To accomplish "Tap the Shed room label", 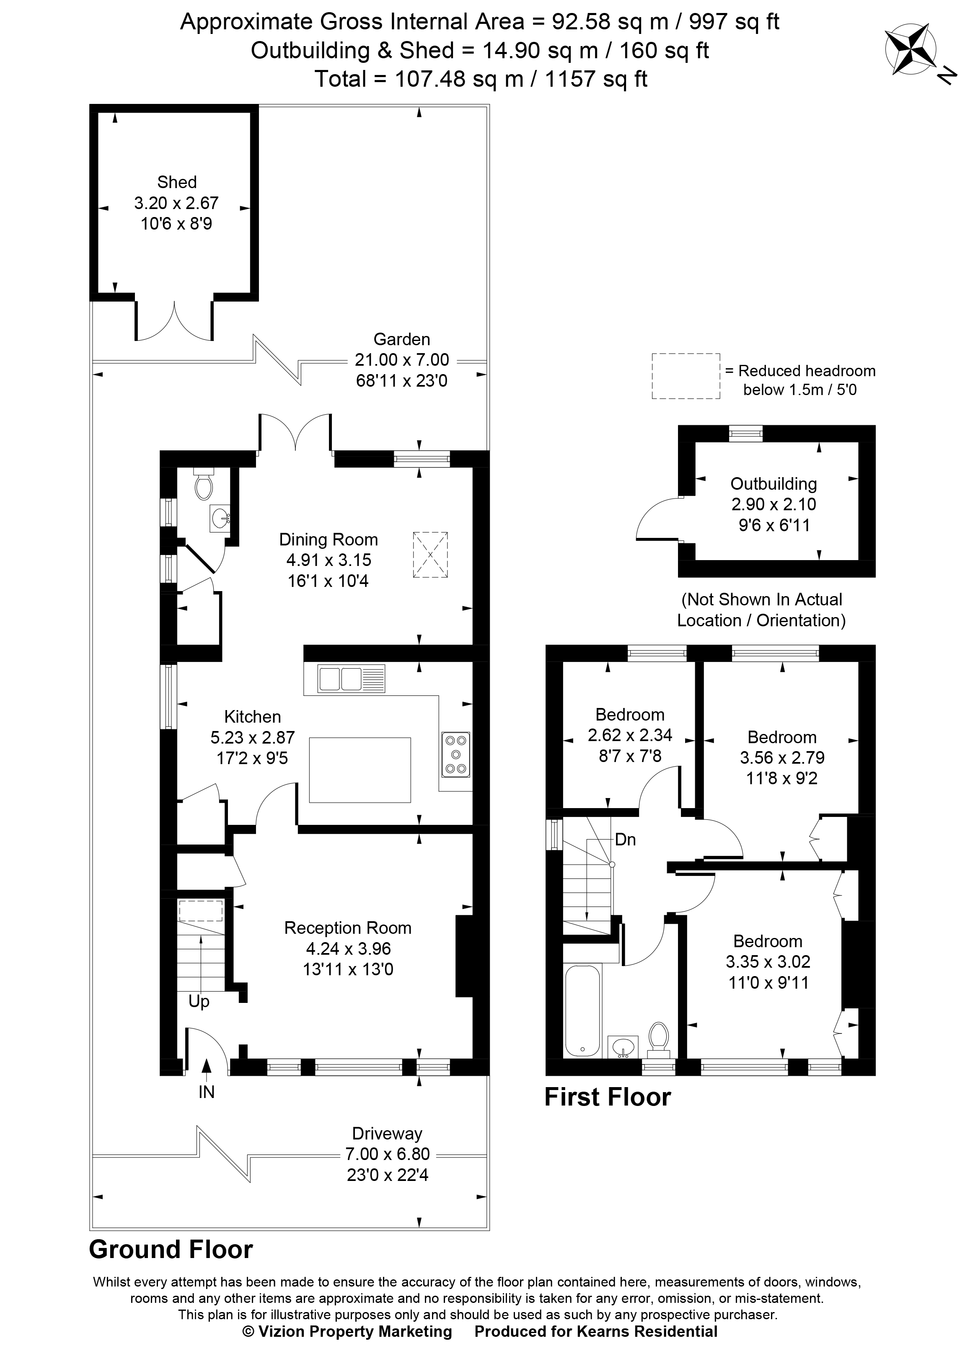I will coord(176,182).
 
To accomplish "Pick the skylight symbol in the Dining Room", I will coord(430,555).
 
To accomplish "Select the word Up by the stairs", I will coord(199,1002).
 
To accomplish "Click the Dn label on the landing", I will coord(626,840).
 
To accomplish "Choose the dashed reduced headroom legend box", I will coord(686,376).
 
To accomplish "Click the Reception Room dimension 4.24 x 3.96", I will coord(347,948).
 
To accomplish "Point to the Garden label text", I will coord(402,339).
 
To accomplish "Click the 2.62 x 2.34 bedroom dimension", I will coord(630,735).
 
